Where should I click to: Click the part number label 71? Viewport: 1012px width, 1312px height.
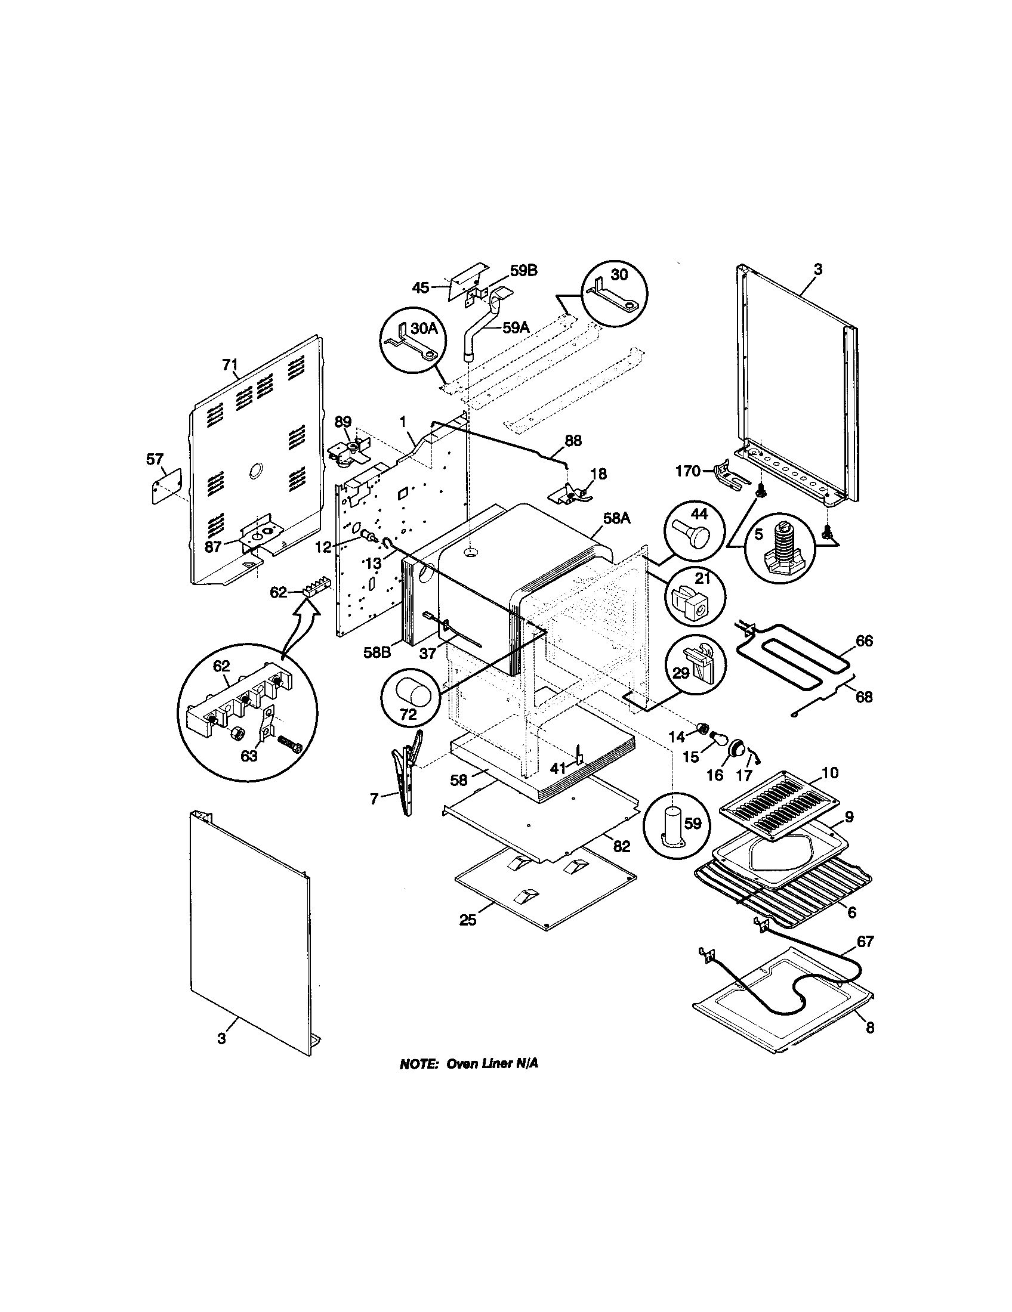click(230, 364)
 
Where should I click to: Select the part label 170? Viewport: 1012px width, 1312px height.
click(688, 471)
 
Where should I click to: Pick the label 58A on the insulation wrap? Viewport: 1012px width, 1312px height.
click(616, 518)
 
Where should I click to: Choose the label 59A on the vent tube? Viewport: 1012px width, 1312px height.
click(516, 327)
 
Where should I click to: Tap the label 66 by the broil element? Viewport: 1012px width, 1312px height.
click(864, 641)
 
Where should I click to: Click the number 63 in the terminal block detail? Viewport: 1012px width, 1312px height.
click(249, 756)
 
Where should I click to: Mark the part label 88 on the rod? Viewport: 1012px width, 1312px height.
click(573, 440)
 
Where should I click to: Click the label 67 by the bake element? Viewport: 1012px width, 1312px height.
click(864, 941)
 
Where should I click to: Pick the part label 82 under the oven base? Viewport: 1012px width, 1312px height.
click(621, 846)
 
